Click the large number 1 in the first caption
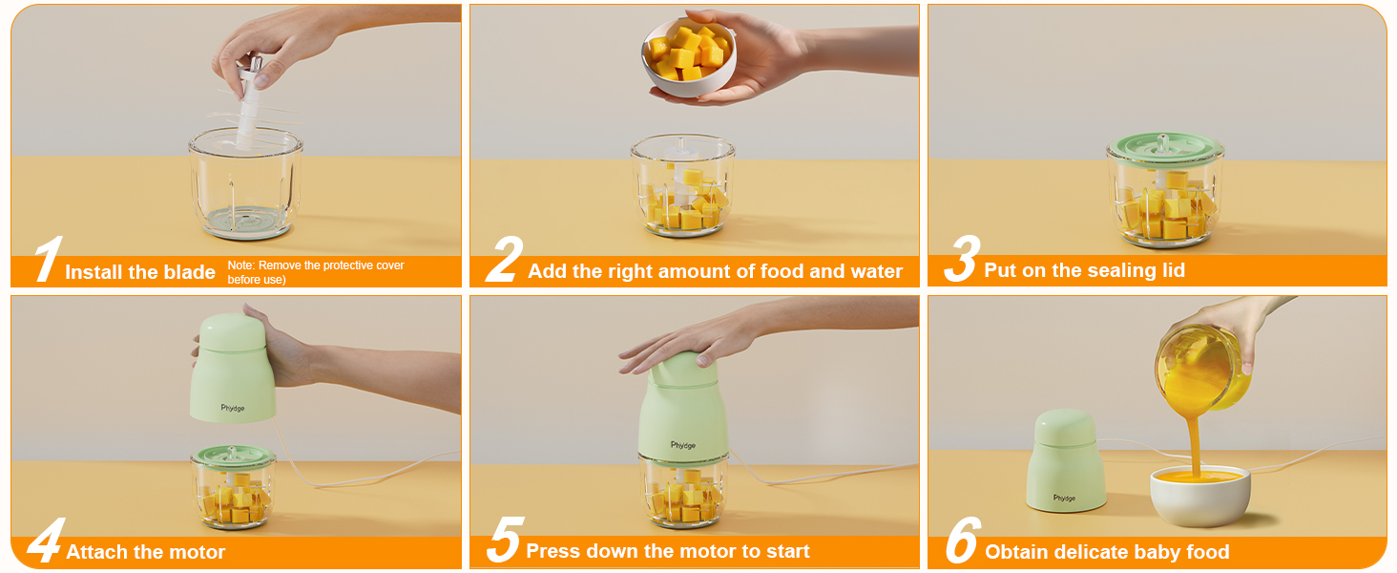(x=46, y=261)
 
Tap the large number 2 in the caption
(x=504, y=261)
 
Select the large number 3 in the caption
(x=961, y=261)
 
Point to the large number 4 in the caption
(x=44, y=541)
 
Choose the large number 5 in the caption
(x=503, y=541)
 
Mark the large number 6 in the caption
(x=962, y=541)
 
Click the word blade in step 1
(x=189, y=272)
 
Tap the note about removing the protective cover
(x=315, y=272)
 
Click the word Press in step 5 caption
(x=553, y=551)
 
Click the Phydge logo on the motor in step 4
(x=233, y=408)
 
